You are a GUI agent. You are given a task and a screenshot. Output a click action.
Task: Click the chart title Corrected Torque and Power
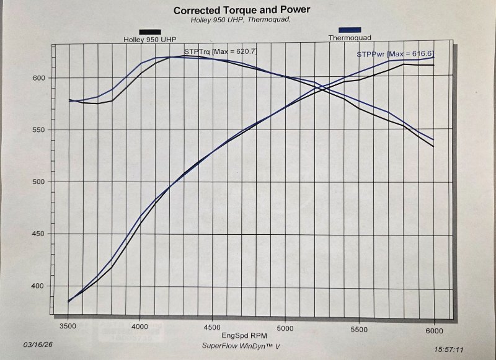[x=242, y=11]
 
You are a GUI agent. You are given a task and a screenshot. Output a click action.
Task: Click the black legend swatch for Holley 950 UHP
[x=151, y=32]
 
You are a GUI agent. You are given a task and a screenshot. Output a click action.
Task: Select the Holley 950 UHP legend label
[x=146, y=40]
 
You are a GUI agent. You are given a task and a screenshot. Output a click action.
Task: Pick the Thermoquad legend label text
[x=351, y=38]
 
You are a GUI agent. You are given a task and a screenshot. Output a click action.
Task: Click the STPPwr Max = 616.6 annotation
[x=394, y=55]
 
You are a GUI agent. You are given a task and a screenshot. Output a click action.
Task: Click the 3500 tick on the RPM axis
[x=68, y=323]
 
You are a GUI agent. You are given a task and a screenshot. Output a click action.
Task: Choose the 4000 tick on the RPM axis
[x=140, y=323]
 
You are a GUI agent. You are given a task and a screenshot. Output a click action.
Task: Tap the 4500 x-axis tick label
[x=212, y=323]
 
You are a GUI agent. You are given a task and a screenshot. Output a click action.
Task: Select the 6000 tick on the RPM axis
[x=433, y=323]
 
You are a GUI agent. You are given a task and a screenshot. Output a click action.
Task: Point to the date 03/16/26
[x=37, y=343]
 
